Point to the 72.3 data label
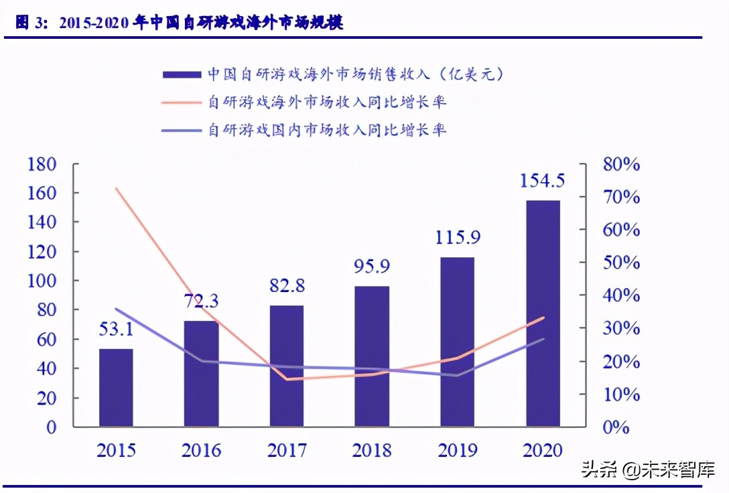click(202, 301)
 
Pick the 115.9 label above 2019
click(458, 237)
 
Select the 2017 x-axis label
click(287, 449)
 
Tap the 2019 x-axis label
click(458, 449)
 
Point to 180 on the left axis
click(42, 164)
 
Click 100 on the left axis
click(42, 281)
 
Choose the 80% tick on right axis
click(620, 164)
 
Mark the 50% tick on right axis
click(620, 263)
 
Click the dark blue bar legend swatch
click(182, 74)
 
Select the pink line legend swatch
click(182, 102)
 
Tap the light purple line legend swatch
click(182, 130)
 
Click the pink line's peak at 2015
click(116, 188)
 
